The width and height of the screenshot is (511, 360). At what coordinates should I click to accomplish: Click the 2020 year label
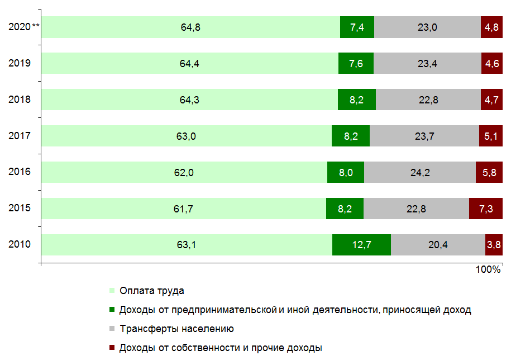pyautogui.click(x=20, y=27)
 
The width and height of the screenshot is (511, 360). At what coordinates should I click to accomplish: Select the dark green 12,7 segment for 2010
pyautogui.click(x=361, y=244)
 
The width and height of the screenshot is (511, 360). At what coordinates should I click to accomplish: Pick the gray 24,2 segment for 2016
pyautogui.click(x=419, y=172)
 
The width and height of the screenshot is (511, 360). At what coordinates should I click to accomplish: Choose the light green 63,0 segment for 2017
pyautogui.click(x=186, y=136)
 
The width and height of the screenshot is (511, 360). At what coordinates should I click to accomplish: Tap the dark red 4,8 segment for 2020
pyautogui.click(x=491, y=27)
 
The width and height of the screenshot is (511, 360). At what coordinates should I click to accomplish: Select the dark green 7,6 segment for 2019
pyautogui.click(x=356, y=63)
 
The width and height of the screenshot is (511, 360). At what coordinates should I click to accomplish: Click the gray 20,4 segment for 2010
pyautogui.click(x=438, y=244)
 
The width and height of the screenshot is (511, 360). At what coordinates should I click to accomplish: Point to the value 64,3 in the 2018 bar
pyautogui.click(x=189, y=100)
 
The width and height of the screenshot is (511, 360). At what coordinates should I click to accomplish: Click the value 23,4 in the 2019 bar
pyautogui.click(x=427, y=63)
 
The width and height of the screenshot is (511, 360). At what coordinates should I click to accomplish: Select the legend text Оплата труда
pyautogui.click(x=151, y=291)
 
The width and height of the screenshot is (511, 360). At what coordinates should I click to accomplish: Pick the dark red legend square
pyautogui.click(x=112, y=348)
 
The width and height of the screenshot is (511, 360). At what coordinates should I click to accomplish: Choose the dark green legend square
pyautogui.click(x=112, y=310)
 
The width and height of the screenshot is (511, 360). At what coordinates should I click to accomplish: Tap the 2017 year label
pyautogui.click(x=20, y=136)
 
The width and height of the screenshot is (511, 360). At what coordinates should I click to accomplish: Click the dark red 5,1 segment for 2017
pyautogui.click(x=490, y=136)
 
